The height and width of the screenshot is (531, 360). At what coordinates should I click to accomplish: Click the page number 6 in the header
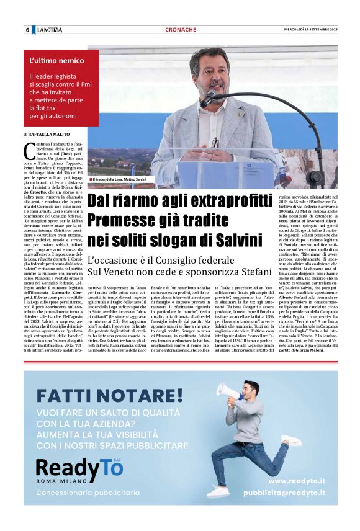(x=27, y=30)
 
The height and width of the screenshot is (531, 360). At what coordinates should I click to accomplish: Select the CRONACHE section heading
(x=181, y=30)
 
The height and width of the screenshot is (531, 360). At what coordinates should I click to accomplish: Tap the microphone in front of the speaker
(x=209, y=96)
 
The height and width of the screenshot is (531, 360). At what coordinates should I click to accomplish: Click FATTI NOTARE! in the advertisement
(x=109, y=395)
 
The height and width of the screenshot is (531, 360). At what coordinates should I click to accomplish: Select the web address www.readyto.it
(x=297, y=481)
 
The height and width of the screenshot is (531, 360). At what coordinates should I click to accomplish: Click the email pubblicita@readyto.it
(x=284, y=493)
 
